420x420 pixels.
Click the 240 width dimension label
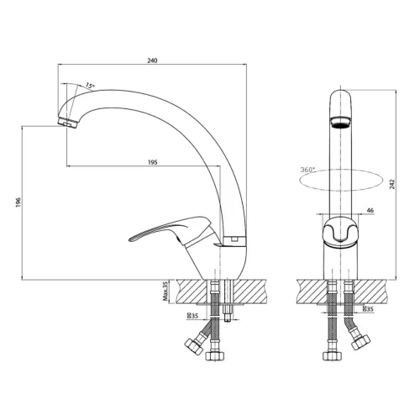click(x=152, y=60)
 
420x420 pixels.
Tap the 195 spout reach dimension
click(x=152, y=162)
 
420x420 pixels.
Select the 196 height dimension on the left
click(x=18, y=202)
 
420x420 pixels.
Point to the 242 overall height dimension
click(x=392, y=184)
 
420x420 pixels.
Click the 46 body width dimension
click(x=370, y=211)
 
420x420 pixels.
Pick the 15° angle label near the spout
click(x=90, y=85)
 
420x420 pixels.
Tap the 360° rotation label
click(x=307, y=170)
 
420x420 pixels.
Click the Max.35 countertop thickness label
click(x=165, y=291)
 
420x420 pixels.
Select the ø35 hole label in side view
click(x=192, y=316)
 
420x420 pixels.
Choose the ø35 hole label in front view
click(x=368, y=309)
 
